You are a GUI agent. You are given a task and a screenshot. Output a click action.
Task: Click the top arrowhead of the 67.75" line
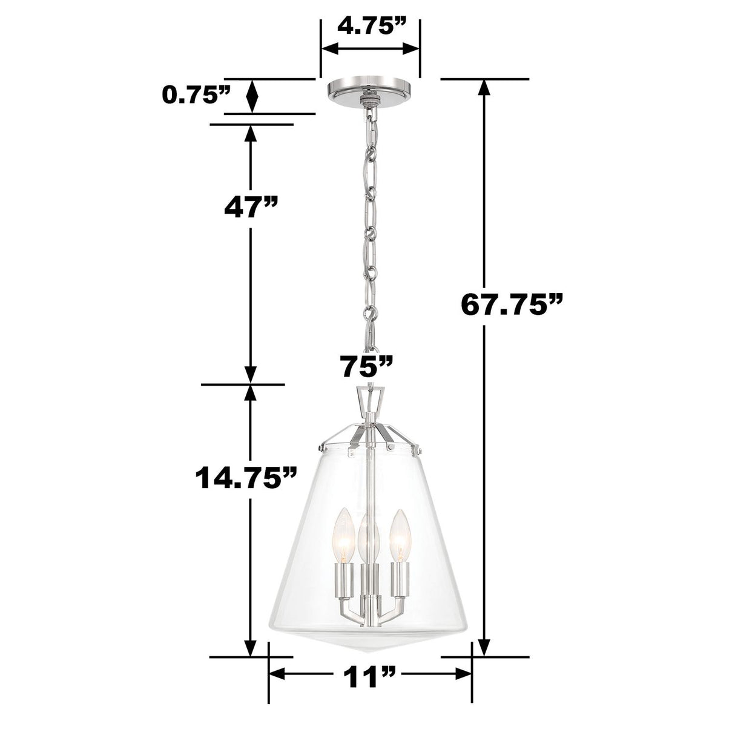483,89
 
